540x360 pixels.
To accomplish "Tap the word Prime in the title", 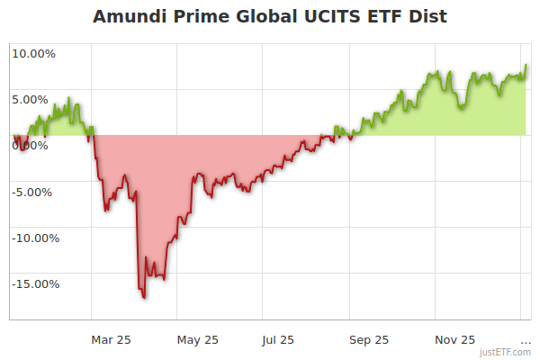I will (206, 17).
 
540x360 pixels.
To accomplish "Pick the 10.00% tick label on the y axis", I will (33, 53).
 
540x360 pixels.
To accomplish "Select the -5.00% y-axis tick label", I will (34, 192).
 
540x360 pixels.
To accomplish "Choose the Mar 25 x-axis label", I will (112, 339).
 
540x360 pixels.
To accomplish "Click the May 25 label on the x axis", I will (198, 339).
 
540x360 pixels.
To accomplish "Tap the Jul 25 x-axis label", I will (279, 339).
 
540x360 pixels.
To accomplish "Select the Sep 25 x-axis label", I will (369, 339).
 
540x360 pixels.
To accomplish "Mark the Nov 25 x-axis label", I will (455, 339).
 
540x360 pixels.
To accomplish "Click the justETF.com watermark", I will (505, 352).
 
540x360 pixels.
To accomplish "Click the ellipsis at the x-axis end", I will (526, 340).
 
